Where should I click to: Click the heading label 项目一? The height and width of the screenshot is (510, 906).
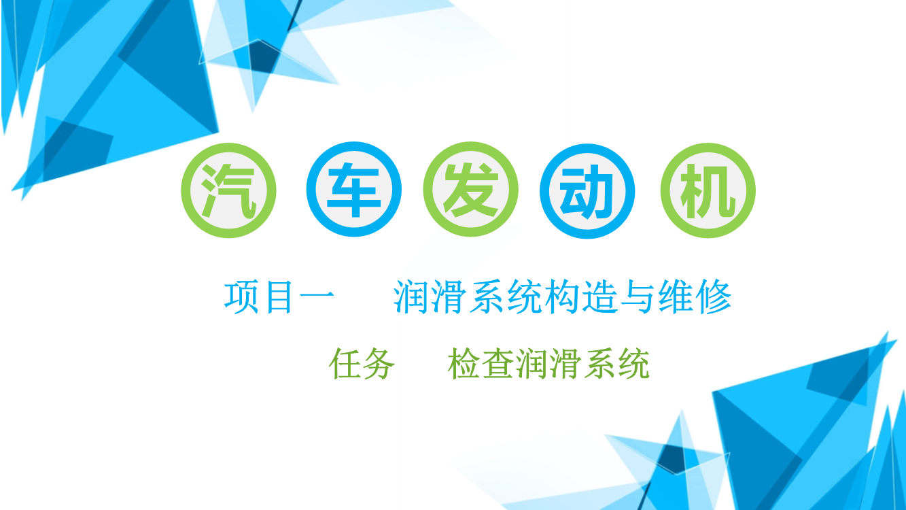(279, 298)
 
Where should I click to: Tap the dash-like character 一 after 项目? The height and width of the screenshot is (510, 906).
(317, 299)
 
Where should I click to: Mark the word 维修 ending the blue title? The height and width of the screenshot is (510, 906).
(695, 298)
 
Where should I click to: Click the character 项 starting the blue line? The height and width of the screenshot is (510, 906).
(241, 298)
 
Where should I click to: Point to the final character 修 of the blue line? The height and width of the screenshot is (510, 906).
(714, 298)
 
